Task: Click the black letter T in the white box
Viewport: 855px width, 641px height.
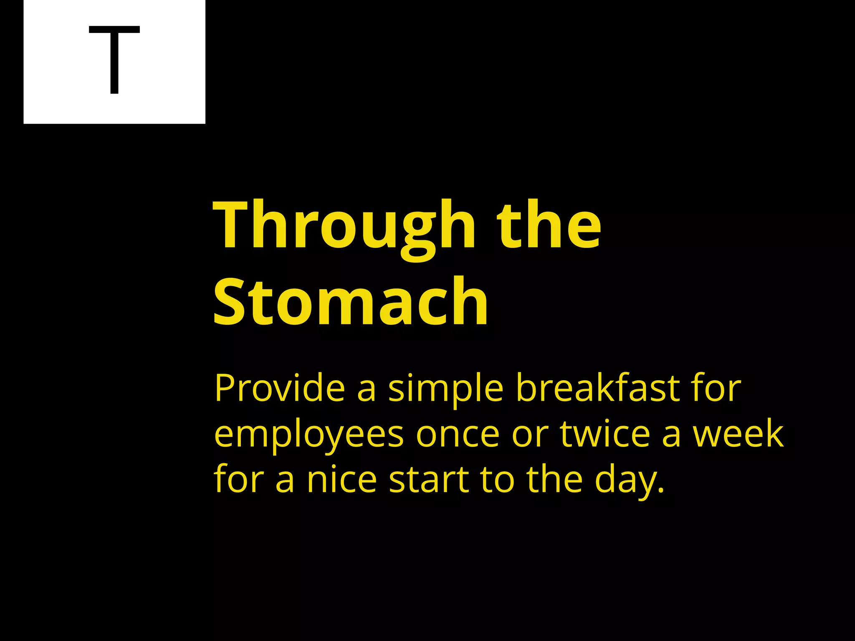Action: [x=114, y=60]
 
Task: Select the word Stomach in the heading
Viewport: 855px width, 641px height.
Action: [x=350, y=301]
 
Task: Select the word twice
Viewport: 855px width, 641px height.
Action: [x=605, y=434]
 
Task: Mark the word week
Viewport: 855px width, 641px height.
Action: [x=738, y=434]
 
